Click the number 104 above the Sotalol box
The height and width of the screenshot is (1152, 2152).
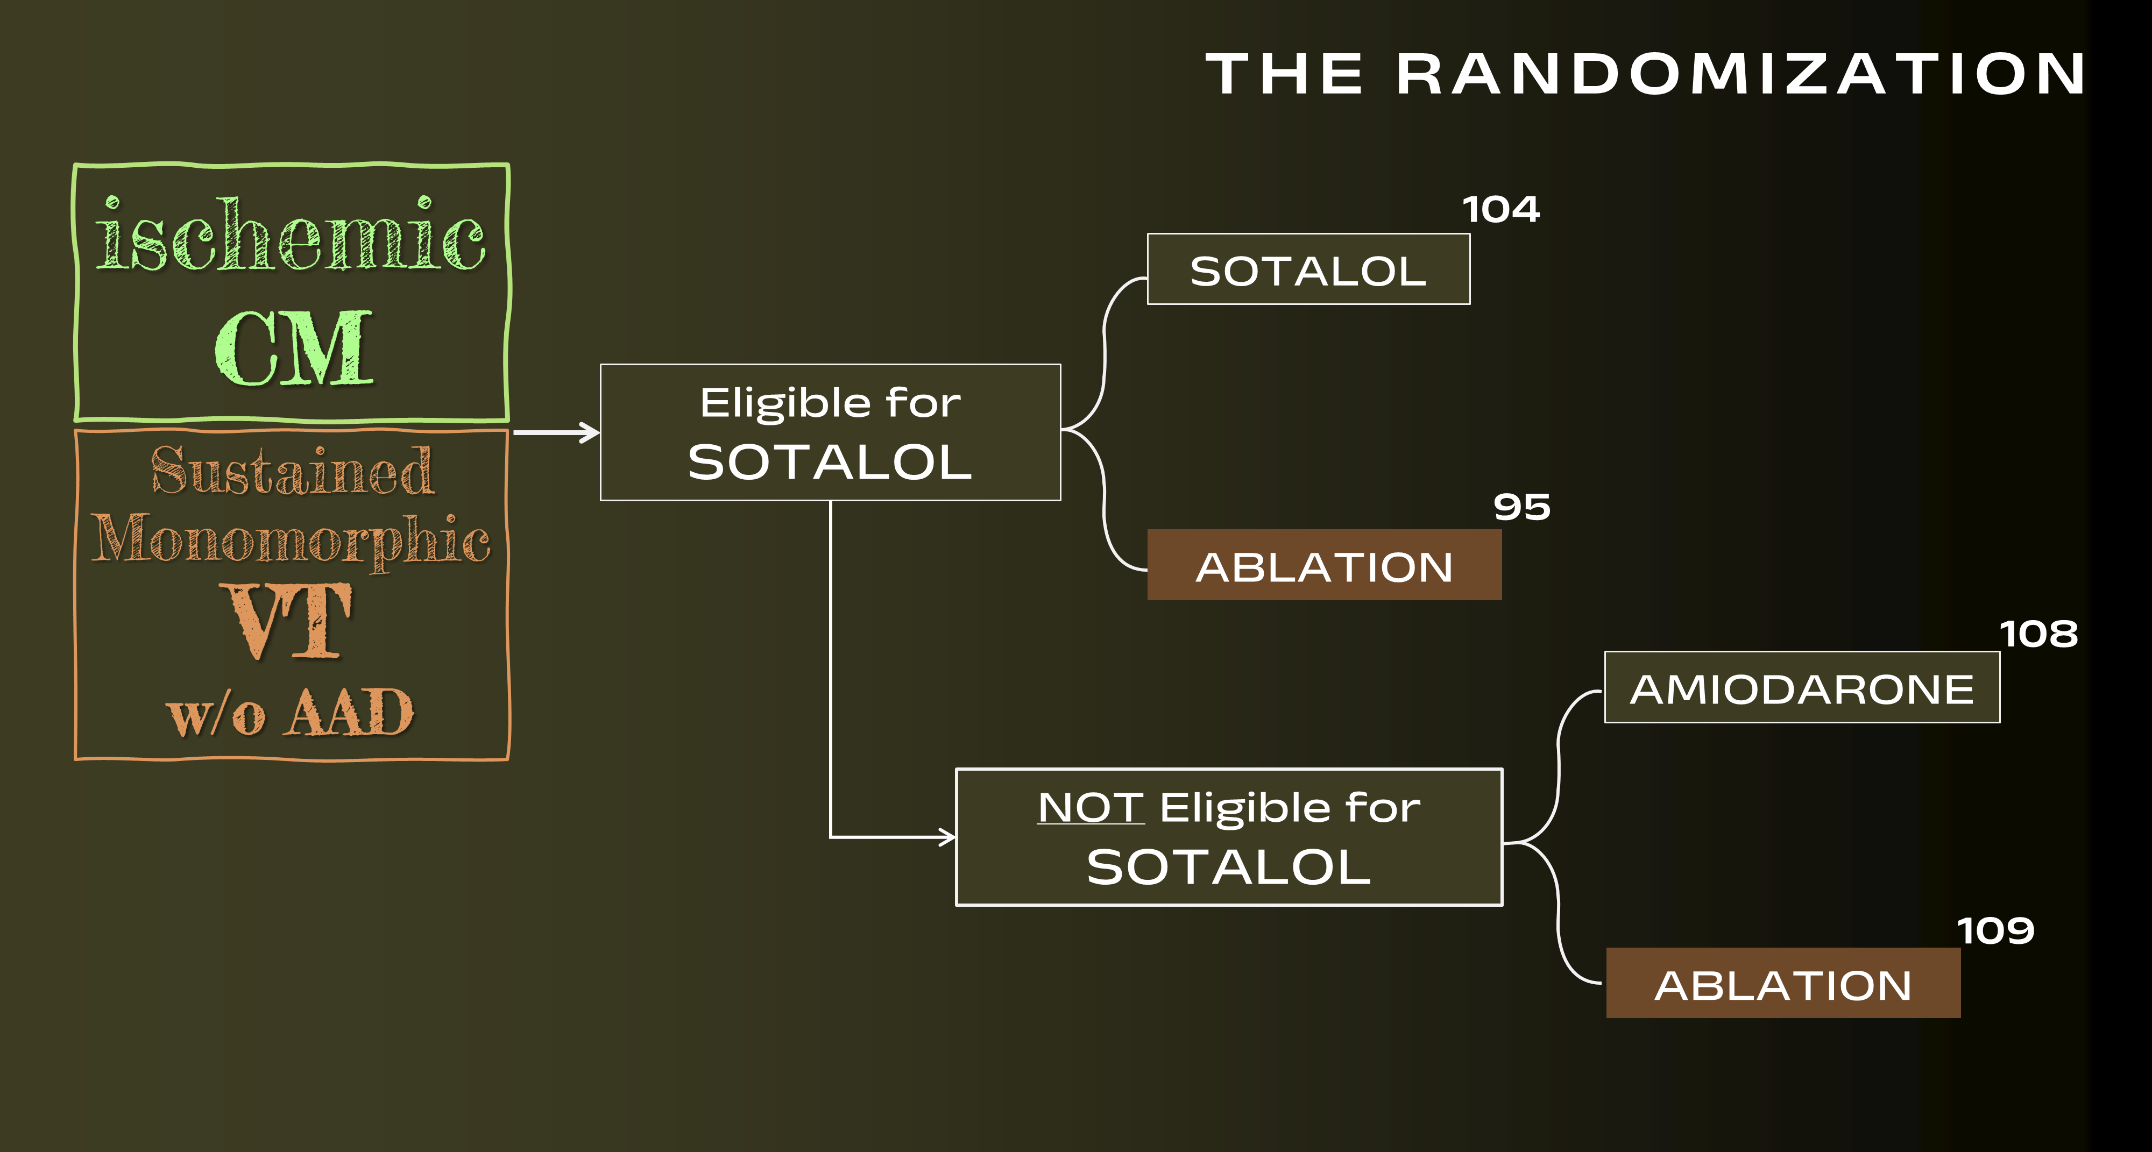pos(1500,210)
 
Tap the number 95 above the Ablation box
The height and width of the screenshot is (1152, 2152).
pos(1521,507)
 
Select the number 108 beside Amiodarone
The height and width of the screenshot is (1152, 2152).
pos(2038,634)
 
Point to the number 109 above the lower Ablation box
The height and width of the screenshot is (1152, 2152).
pos(1996,930)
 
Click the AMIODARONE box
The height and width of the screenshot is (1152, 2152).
pos(1802,687)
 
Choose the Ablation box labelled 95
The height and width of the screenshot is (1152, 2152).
pos(1324,565)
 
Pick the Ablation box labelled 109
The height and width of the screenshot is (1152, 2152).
pos(1783,983)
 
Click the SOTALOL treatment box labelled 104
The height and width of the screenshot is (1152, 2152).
pos(1308,269)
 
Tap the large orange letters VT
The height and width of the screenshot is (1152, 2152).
pos(286,621)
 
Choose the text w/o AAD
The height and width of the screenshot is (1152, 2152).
pos(291,713)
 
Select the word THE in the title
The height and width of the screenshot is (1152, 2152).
pos(1284,74)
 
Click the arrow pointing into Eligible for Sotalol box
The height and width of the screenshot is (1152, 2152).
pos(556,432)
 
